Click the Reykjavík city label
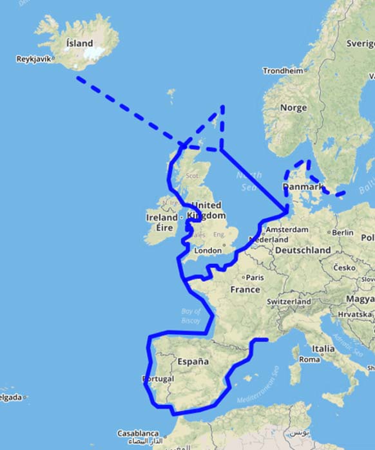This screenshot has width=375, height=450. (x=34, y=59)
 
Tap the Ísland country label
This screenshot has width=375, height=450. (x=79, y=43)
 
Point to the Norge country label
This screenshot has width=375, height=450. (x=293, y=108)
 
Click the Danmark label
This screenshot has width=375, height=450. (x=302, y=187)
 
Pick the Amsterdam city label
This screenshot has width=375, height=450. (x=287, y=230)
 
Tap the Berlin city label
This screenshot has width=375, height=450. (x=343, y=232)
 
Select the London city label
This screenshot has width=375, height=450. (x=207, y=250)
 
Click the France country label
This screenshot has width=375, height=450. (x=245, y=290)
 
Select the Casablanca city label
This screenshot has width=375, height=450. (x=139, y=434)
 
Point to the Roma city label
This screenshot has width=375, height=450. (x=309, y=360)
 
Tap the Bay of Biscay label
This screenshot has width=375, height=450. (x=191, y=316)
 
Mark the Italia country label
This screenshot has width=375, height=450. (x=323, y=349)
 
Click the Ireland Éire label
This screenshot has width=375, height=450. (x=162, y=223)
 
